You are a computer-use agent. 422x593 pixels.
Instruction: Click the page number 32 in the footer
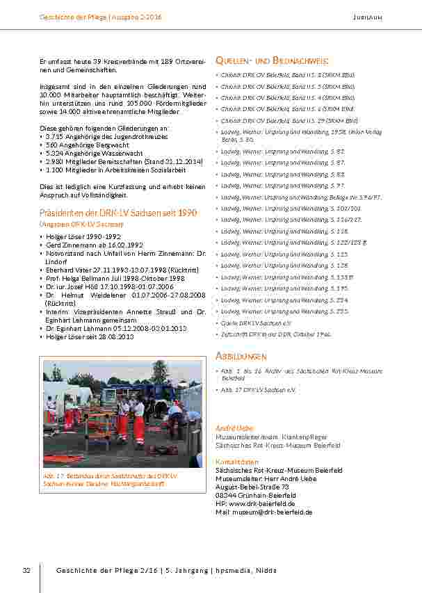pyautogui.click(x=26, y=570)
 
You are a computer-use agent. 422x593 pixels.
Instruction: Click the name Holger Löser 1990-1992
pyautogui.click(x=73, y=236)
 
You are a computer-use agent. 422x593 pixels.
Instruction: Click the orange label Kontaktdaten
pyautogui.click(x=237, y=462)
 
